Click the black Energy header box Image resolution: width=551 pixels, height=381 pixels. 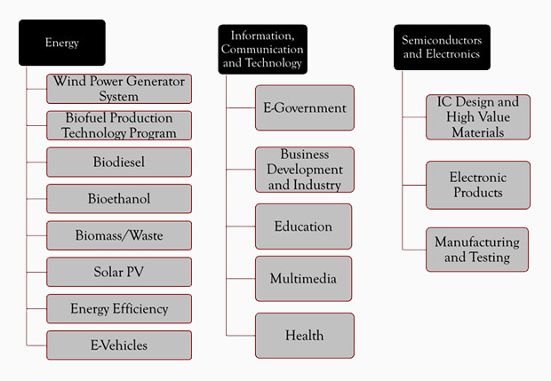pyautogui.click(x=62, y=43)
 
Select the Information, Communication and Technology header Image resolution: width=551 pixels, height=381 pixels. pyautogui.click(x=262, y=49)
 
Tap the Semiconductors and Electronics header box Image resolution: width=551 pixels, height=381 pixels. pyautogui.click(x=442, y=47)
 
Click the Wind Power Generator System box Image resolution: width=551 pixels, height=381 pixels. pyautogui.click(x=119, y=89)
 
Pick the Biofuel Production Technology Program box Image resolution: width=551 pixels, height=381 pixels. pyautogui.click(x=119, y=125)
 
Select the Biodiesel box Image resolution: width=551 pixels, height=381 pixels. pyautogui.click(x=119, y=163)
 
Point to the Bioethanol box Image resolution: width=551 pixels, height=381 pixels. pyautogui.click(x=119, y=199)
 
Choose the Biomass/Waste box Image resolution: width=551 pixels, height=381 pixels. pyautogui.click(x=119, y=235)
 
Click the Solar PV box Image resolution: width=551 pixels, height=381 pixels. pyautogui.click(x=119, y=272)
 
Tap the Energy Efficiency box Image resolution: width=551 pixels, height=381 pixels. pyautogui.click(x=119, y=309)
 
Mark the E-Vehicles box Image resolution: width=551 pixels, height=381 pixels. pyautogui.click(x=119, y=345)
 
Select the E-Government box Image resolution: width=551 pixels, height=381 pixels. pyautogui.click(x=305, y=107)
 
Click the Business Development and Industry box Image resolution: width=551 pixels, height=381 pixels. pyautogui.click(x=305, y=170)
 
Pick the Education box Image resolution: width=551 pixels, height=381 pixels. pyautogui.click(x=304, y=226)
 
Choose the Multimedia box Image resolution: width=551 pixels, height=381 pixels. pyautogui.click(x=304, y=279)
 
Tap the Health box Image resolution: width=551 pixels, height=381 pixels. pyautogui.click(x=305, y=336)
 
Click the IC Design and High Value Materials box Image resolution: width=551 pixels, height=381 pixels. pyautogui.click(x=478, y=117)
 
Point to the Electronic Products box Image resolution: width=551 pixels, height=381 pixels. pyautogui.click(x=478, y=185)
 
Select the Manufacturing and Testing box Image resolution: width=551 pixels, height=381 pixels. pyautogui.click(x=477, y=250)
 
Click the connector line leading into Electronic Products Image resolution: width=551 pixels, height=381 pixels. pyautogui.click(x=414, y=185)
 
